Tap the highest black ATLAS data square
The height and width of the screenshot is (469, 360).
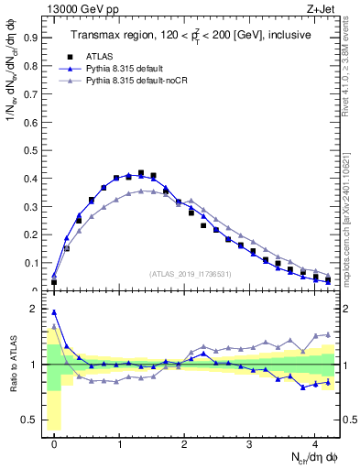[x=140, y=173]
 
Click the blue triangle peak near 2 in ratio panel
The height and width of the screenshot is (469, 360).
[x=54, y=312]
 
